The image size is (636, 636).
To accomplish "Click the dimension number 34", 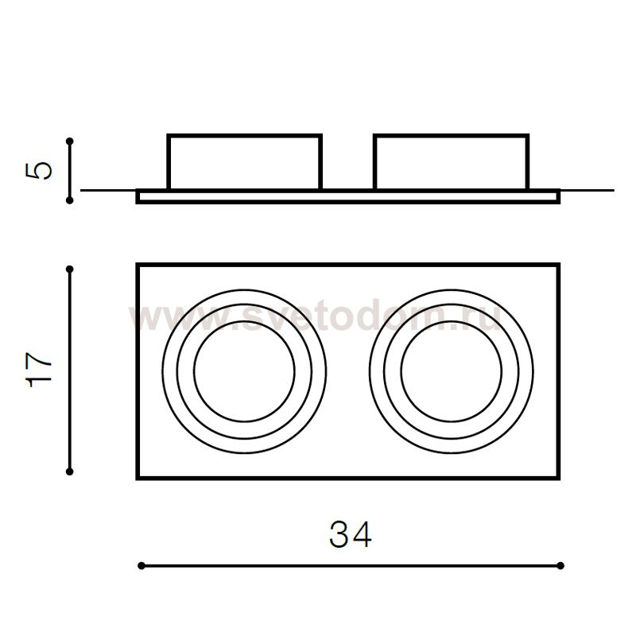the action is tap(350, 534).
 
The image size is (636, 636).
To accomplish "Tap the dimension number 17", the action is tap(39, 370).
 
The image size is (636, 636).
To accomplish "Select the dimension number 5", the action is tap(39, 170).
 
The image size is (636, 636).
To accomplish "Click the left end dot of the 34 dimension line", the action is tap(142, 565).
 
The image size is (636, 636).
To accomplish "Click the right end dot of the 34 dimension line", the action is tap(560, 565).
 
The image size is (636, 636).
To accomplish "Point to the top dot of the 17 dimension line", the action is tap(69, 269).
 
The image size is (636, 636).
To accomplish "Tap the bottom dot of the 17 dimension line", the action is tap(69, 471).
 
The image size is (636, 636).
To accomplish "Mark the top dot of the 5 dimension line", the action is tap(70, 142).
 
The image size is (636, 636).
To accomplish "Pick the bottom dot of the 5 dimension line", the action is tap(70, 200).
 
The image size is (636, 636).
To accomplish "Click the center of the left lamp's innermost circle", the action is tap(244, 371).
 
